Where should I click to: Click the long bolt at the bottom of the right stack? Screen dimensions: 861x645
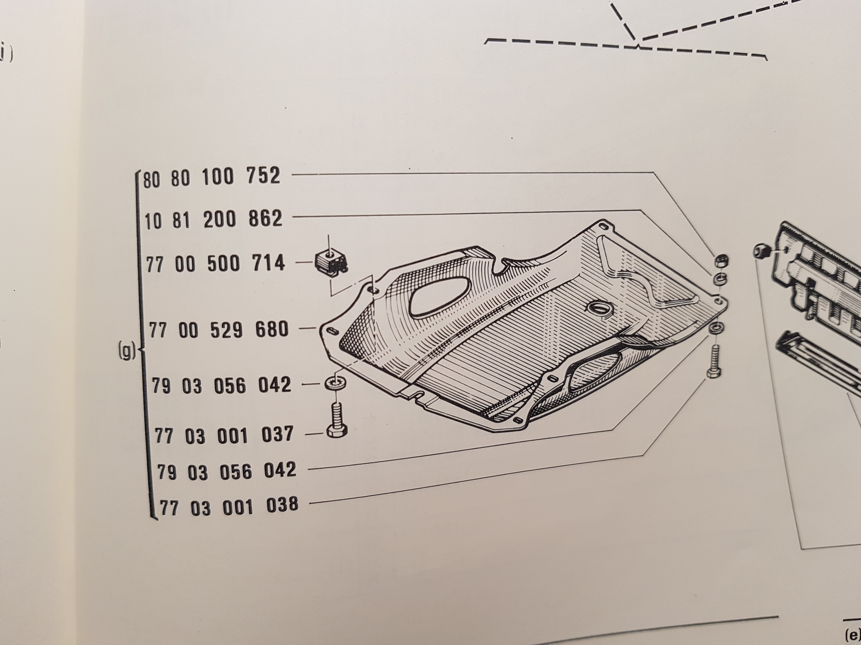714,361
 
